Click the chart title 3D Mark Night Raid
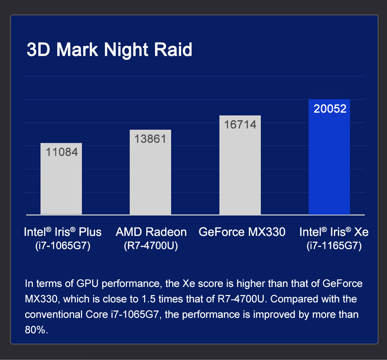tap(110, 50)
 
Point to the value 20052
tap(330, 109)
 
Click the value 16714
tap(240, 125)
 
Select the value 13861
tap(150, 139)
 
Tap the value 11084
tap(62, 152)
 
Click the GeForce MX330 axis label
tap(242, 232)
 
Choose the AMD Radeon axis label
tap(151, 232)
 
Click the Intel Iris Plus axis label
tap(63, 232)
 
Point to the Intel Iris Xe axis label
tap(334, 232)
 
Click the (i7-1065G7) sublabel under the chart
tap(63, 246)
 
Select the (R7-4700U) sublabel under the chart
tap(151, 246)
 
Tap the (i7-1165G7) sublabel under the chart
tap(334, 246)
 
